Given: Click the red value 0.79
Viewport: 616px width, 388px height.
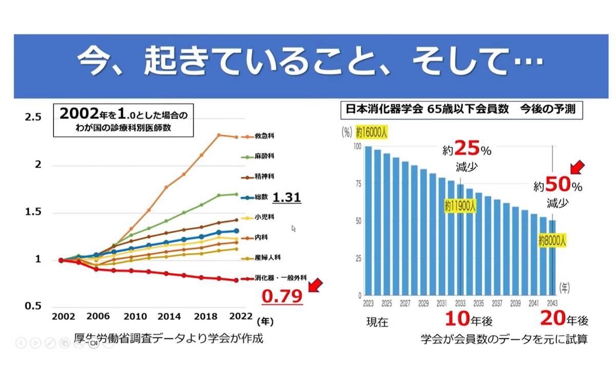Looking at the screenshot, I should tap(282, 296).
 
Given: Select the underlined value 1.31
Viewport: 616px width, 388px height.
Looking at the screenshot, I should tap(286, 197).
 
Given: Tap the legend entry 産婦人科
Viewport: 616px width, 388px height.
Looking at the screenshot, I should tap(266, 257).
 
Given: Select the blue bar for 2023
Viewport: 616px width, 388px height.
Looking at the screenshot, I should tap(368, 221).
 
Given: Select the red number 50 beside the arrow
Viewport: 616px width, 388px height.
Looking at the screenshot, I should tap(557, 185).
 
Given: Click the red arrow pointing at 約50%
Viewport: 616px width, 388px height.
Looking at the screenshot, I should tap(579, 167).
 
